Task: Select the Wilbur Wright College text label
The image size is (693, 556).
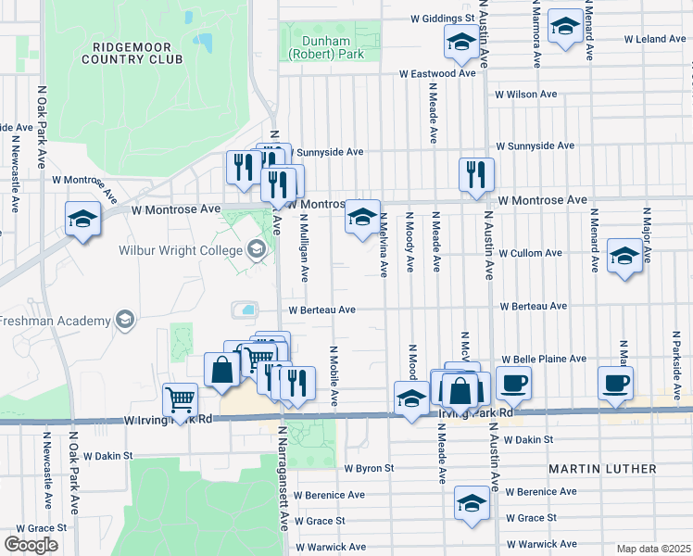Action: click(x=179, y=249)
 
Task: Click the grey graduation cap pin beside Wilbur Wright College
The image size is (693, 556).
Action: click(x=256, y=249)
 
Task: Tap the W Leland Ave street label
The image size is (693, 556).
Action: click(x=654, y=39)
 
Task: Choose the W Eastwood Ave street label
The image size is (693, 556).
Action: click(x=441, y=72)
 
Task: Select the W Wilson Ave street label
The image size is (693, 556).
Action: click(x=525, y=94)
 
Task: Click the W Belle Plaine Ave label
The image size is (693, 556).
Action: click(x=544, y=359)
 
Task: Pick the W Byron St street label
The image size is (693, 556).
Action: click(x=369, y=469)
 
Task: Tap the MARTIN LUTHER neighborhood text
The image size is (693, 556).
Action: click(x=602, y=469)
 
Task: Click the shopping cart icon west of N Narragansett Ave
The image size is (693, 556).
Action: click(x=181, y=399)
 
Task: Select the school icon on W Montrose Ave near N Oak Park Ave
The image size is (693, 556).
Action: click(x=82, y=220)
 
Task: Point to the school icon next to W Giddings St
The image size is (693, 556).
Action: click(x=460, y=41)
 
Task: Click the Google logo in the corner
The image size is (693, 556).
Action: click(x=31, y=545)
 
